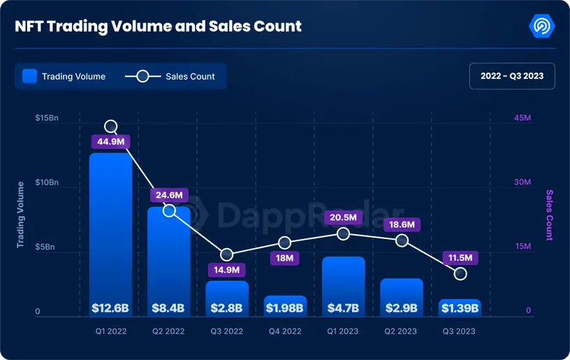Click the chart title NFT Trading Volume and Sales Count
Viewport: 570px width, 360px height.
tap(159, 27)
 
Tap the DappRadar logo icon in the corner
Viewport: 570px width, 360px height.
tap(542, 27)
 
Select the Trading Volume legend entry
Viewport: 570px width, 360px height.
tap(64, 76)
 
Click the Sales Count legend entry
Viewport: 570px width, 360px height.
tap(170, 76)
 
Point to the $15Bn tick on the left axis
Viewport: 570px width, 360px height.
tap(47, 118)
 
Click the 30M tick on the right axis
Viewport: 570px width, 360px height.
tap(523, 182)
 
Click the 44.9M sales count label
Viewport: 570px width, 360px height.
tap(110, 142)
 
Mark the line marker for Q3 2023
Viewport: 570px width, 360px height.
tap(460, 273)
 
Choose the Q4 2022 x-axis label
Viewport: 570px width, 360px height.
tap(285, 331)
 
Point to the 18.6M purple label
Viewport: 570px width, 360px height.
tap(402, 224)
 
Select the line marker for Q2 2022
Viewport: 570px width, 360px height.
tap(169, 210)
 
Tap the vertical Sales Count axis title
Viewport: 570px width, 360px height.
tap(549, 215)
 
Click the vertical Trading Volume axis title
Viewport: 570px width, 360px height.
tap(20, 215)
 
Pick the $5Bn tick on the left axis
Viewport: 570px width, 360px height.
tap(47, 247)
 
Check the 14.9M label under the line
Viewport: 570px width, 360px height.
tap(226, 269)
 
